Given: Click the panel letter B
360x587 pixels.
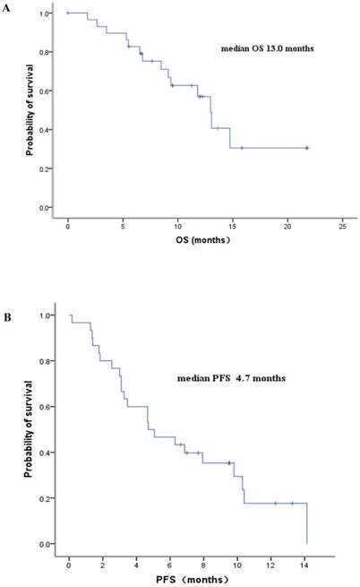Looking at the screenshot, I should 7,315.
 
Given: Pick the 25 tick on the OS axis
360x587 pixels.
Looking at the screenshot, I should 343,223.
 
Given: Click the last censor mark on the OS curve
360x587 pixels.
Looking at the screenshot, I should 307,148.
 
